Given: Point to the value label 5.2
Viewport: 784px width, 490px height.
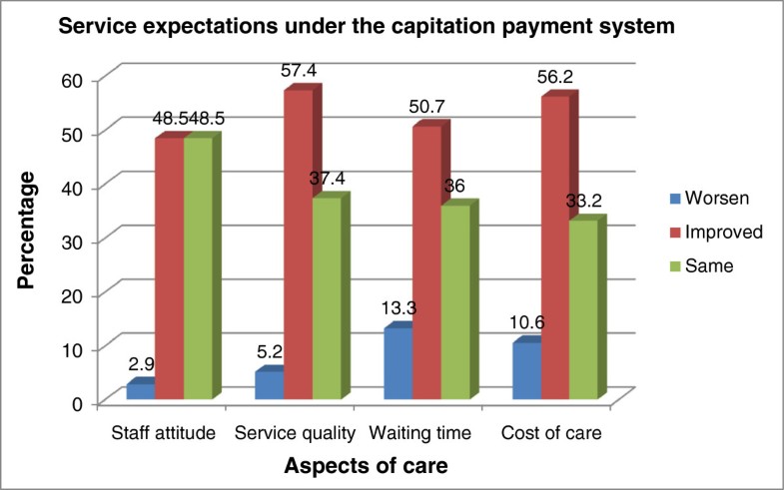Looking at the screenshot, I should [x=269, y=353].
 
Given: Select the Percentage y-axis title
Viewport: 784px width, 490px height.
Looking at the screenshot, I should [x=30, y=232].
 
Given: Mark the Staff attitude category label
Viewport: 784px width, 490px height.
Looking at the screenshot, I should [x=164, y=435].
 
